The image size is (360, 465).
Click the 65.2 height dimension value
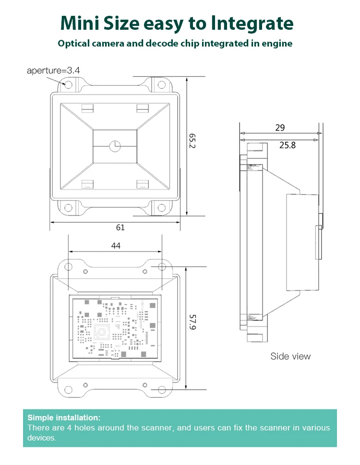click(x=192, y=141)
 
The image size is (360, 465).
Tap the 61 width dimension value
click(x=120, y=227)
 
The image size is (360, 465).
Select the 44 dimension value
click(x=116, y=245)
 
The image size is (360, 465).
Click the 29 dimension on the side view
click(x=280, y=128)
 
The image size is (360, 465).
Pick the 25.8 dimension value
click(x=288, y=144)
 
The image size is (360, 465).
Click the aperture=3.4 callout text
click(x=53, y=71)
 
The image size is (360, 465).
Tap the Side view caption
click(x=290, y=356)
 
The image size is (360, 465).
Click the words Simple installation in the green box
click(x=64, y=417)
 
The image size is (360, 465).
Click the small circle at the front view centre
click(x=115, y=146)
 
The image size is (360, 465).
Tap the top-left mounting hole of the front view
click(x=68, y=85)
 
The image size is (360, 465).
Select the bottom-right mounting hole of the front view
click(x=162, y=207)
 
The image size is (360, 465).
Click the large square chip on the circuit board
click(x=101, y=331)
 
